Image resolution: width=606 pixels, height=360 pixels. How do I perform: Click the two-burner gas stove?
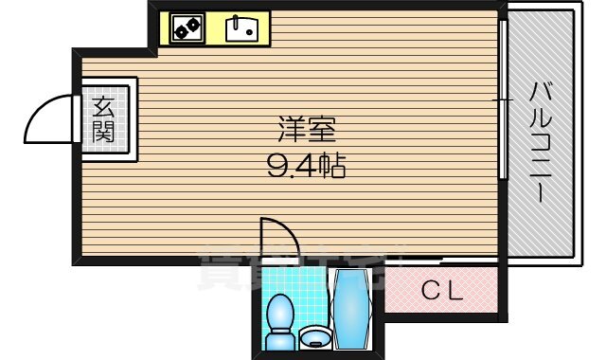pyautogui.click(x=187, y=29)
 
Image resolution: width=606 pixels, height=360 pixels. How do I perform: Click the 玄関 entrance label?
pyautogui.click(x=103, y=118)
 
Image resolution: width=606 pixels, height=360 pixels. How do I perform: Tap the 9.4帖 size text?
pyautogui.click(x=305, y=168)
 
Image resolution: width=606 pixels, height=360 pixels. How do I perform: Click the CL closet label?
pyautogui.click(x=441, y=292)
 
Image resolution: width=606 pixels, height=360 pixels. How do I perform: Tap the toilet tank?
pyautogui.click(x=280, y=339)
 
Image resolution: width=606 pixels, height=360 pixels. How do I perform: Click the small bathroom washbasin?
pyautogui.click(x=315, y=337)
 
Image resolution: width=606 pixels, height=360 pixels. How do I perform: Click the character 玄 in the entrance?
pyautogui.click(x=103, y=106)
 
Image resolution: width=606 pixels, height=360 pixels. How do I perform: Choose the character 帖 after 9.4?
pyautogui.click(x=332, y=168)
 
